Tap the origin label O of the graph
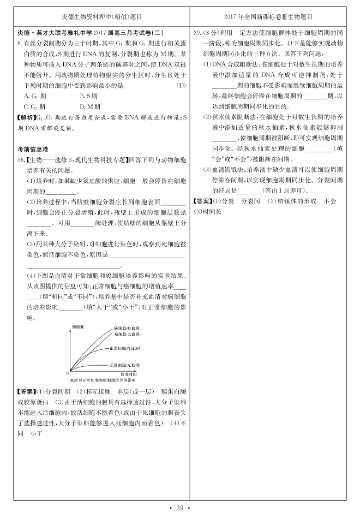[68, 372]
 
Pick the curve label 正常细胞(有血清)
[124, 348]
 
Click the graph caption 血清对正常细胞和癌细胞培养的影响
[102, 379]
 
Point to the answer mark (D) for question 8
[181, 86]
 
